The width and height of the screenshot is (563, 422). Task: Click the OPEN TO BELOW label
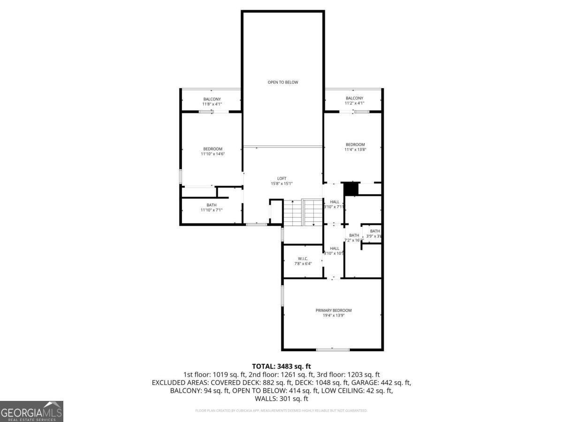pyautogui.click(x=282, y=82)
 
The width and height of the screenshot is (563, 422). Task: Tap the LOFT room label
pyautogui.click(x=281, y=178)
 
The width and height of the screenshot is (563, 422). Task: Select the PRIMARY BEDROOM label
pyautogui.click(x=333, y=310)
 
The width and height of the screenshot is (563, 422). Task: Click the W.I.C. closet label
pyautogui.click(x=302, y=259)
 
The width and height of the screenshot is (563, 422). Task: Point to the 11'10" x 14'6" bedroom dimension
pyautogui.click(x=213, y=154)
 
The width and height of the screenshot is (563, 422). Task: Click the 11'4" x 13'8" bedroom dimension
pyautogui.click(x=355, y=150)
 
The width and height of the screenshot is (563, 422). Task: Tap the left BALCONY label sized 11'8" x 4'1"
pyautogui.click(x=212, y=99)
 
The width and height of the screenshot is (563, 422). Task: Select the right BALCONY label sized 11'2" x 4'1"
pyautogui.click(x=354, y=98)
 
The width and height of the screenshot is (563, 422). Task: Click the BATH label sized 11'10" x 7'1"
pyautogui.click(x=212, y=205)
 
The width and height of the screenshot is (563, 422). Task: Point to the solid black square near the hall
pyautogui.click(x=350, y=188)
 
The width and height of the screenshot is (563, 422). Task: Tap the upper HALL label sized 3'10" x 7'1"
pyautogui.click(x=335, y=202)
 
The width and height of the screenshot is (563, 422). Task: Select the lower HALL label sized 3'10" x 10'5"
pyautogui.click(x=335, y=249)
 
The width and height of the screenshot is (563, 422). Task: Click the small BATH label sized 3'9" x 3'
pyautogui.click(x=374, y=231)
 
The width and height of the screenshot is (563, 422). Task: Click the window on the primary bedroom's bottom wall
pyautogui.click(x=332, y=349)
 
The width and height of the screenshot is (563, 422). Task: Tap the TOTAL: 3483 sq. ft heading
pyautogui.click(x=281, y=366)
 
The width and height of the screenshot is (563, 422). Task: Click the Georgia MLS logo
pyautogui.click(x=31, y=411)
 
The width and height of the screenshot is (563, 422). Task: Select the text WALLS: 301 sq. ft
pyautogui.click(x=281, y=399)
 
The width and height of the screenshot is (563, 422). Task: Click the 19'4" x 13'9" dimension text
pyautogui.click(x=333, y=316)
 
